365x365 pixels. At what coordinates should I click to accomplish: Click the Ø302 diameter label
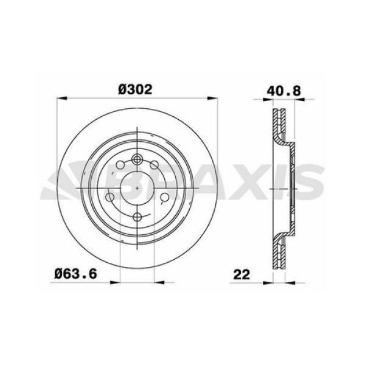pyautogui.click(x=135, y=89)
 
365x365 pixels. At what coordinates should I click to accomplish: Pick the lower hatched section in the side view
pyautogui.click(x=280, y=249)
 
